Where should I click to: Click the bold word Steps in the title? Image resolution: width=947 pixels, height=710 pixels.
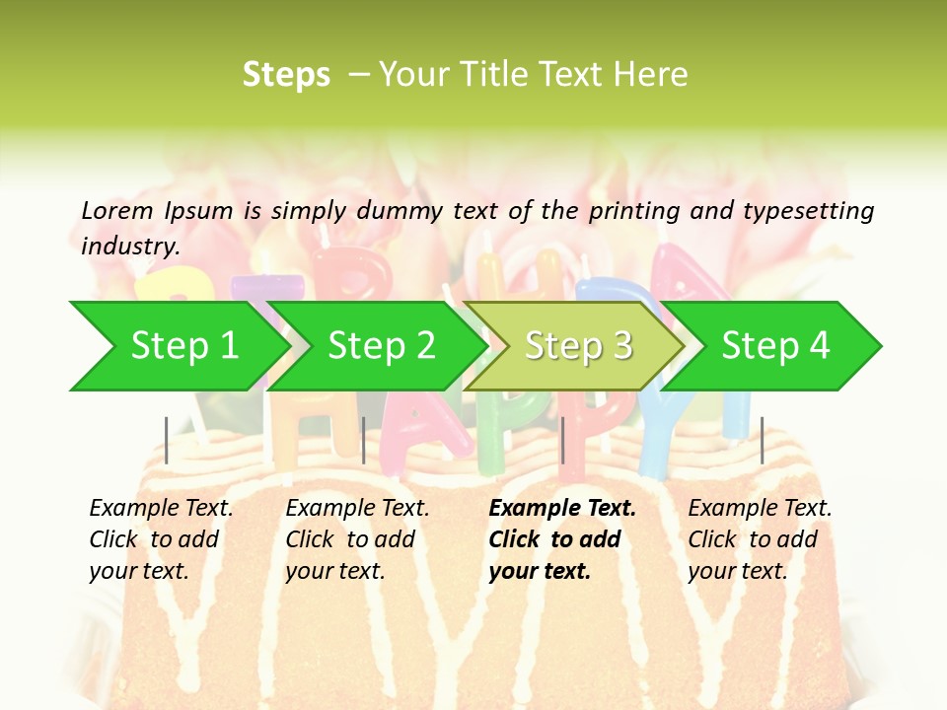(286, 75)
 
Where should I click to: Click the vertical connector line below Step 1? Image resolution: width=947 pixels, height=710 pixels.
(167, 440)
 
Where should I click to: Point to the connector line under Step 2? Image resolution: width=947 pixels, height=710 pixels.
(364, 440)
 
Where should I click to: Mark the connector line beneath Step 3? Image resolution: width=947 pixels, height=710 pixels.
(562, 440)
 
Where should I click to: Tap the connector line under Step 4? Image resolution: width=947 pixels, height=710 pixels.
(762, 440)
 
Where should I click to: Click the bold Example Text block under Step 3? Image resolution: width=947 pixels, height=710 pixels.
(562, 539)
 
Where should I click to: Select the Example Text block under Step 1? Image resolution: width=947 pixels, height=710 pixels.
(162, 539)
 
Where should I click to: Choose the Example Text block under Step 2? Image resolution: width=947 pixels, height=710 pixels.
(358, 539)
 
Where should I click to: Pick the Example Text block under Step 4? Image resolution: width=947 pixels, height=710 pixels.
(761, 539)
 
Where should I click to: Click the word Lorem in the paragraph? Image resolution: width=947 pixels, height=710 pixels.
(117, 210)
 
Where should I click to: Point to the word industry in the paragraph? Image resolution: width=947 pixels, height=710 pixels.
(130, 247)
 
